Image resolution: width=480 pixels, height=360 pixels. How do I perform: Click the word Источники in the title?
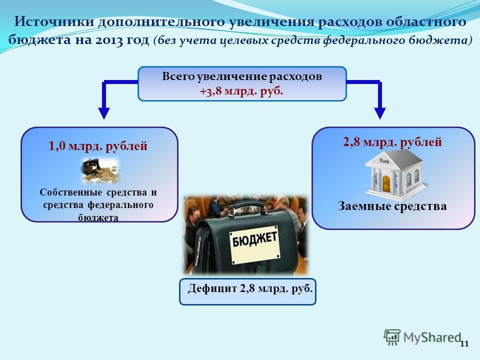pyautogui.click(x=54, y=21)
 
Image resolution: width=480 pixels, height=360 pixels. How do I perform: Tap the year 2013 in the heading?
pyautogui.click(x=109, y=40)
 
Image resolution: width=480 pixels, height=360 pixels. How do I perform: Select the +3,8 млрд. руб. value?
pyautogui.click(x=241, y=91)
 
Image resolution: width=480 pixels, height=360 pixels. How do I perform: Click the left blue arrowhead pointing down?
pyautogui.click(x=104, y=113)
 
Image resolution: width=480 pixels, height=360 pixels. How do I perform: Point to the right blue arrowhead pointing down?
pyautogui.click(x=380, y=113)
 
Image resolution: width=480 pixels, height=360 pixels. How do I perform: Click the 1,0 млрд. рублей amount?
pyautogui.click(x=98, y=145)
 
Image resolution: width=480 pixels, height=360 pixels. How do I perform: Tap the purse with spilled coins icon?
pyautogui.click(x=100, y=171)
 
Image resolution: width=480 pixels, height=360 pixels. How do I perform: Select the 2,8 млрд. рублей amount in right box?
pyautogui.click(x=392, y=142)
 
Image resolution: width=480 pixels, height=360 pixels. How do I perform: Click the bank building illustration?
pyautogui.click(x=394, y=174)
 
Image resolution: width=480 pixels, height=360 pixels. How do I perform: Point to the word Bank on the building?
pyautogui.click(x=384, y=161)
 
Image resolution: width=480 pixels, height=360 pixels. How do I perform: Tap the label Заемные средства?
pyautogui.click(x=392, y=205)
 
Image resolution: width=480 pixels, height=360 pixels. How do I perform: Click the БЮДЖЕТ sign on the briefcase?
pyautogui.click(x=254, y=244)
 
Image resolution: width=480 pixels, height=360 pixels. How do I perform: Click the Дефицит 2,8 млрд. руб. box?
pyautogui.click(x=247, y=291)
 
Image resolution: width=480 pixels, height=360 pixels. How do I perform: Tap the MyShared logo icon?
pyautogui.click(x=392, y=337)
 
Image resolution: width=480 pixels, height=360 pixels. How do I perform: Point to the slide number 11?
pyautogui.click(x=464, y=344)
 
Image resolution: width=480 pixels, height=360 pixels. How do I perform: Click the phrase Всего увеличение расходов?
pyautogui.click(x=242, y=76)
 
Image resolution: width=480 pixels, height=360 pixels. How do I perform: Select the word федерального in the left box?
pyautogui.click(x=120, y=205)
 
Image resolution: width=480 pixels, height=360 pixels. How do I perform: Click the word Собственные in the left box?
pyautogui.click(x=70, y=192)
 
